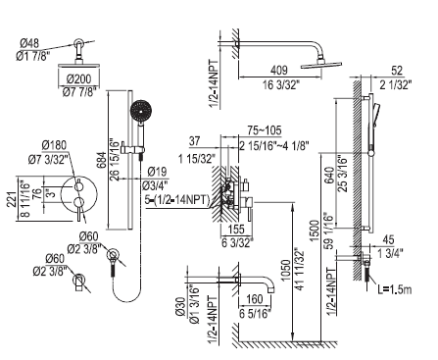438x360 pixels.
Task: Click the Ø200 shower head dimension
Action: [x=78, y=78]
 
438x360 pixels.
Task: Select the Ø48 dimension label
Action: [x=29, y=43]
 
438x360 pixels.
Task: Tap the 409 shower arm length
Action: [x=279, y=70]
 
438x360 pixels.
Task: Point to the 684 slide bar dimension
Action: [x=103, y=160]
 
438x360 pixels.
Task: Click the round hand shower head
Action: [x=140, y=111]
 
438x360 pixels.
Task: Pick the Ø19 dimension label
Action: [x=157, y=172]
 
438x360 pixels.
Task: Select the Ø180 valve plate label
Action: [x=54, y=145]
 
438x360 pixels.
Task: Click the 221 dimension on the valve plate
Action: [x=12, y=199]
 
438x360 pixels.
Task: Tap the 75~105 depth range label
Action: [x=265, y=130]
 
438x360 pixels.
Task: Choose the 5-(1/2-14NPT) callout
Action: [x=177, y=199]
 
